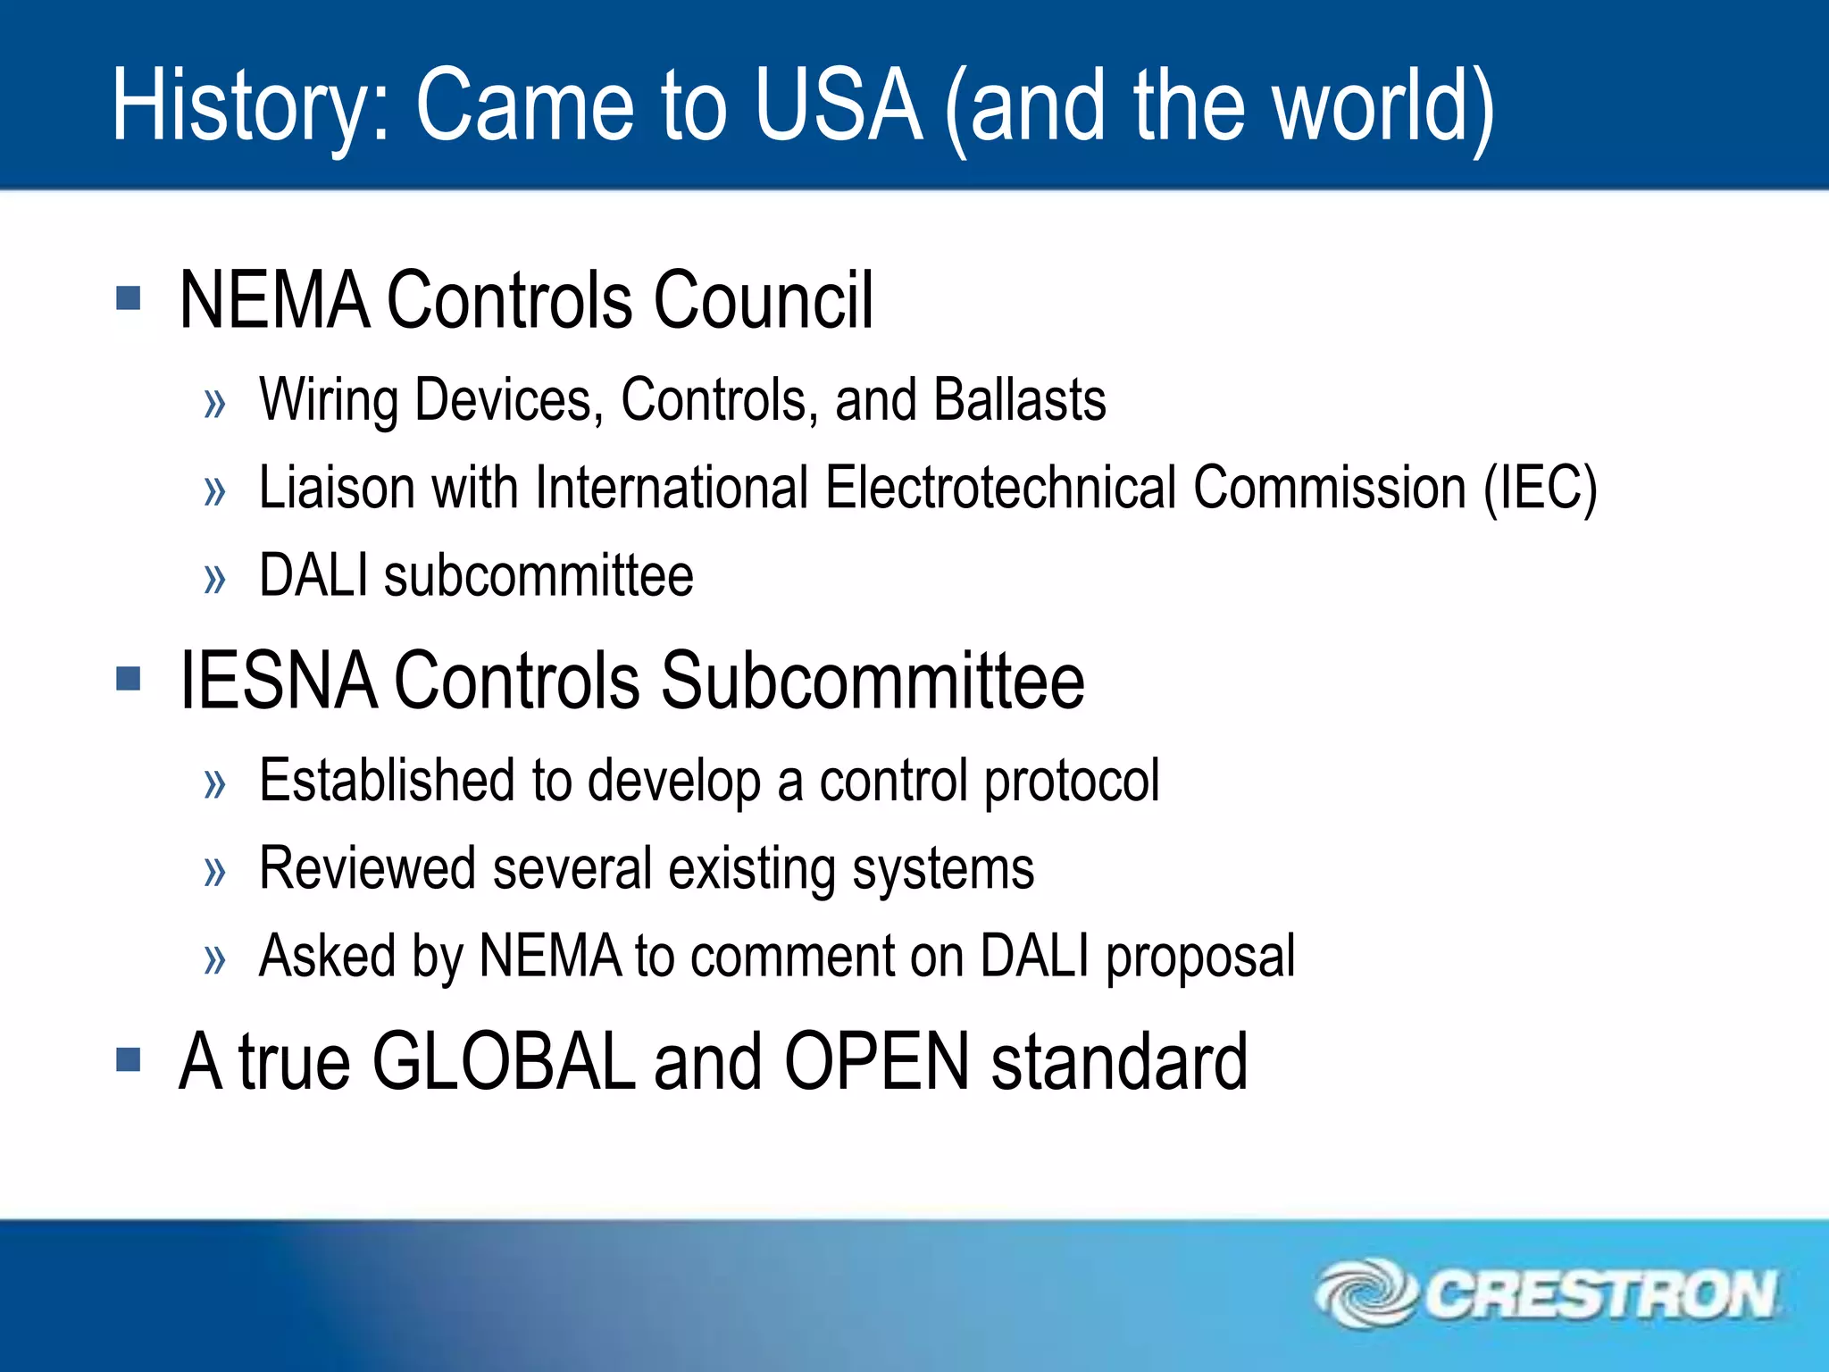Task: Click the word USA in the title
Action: (x=837, y=105)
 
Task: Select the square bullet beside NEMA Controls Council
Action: (x=129, y=297)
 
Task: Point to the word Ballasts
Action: (x=1019, y=399)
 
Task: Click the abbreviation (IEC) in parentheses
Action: (x=1540, y=488)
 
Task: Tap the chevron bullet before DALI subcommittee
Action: (x=214, y=579)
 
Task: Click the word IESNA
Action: (x=278, y=681)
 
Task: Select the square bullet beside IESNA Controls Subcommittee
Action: (x=129, y=679)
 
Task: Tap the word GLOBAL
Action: (x=504, y=1062)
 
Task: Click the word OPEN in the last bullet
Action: (x=876, y=1062)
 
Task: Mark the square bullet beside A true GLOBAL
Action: (x=129, y=1060)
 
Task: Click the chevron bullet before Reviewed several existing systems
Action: (x=214, y=872)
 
